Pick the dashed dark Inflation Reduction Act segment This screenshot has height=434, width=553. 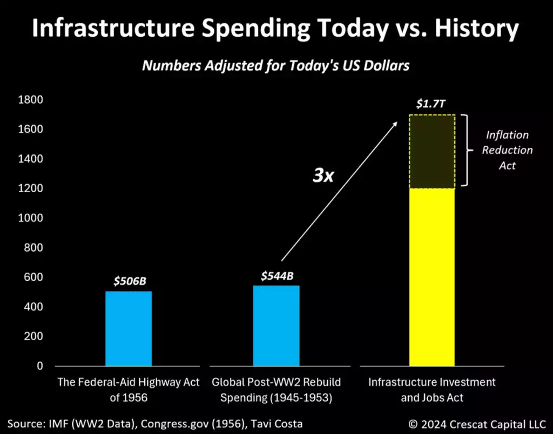click(x=432, y=151)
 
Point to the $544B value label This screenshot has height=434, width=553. click(x=276, y=276)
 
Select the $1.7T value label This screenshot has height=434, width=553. click(x=431, y=103)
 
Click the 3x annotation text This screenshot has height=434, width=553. click(x=323, y=175)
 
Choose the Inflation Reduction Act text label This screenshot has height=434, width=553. click(x=507, y=150)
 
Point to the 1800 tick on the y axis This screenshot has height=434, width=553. click(x=32, y=100)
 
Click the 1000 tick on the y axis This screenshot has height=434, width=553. click(x=32, y=218)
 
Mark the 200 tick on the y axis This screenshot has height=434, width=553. click(x=36, y=336)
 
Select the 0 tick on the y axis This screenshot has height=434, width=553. click(x=39, y=366)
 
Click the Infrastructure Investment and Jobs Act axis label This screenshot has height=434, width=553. click(x=432, y=390)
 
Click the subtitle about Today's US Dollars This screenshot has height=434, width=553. click(x=276, y=66)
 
